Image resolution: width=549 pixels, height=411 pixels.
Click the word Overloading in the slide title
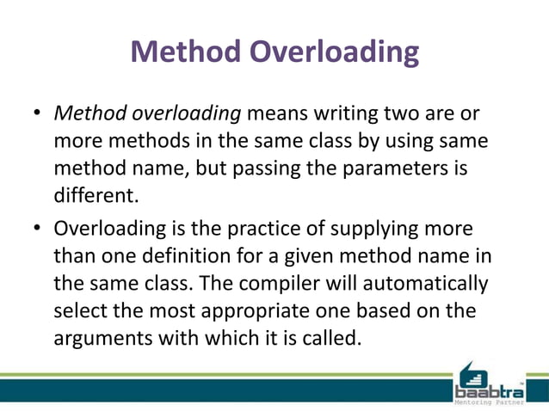pyautogui.click(x=334, y=52)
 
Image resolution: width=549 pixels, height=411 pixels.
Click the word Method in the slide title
pyautogui.click(x=186, y=52)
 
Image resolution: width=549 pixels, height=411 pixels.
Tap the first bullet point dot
pyautogui.click(x=38, y=115)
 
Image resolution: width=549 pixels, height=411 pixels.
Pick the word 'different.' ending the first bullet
pyautogui.click(x=96, y=197)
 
